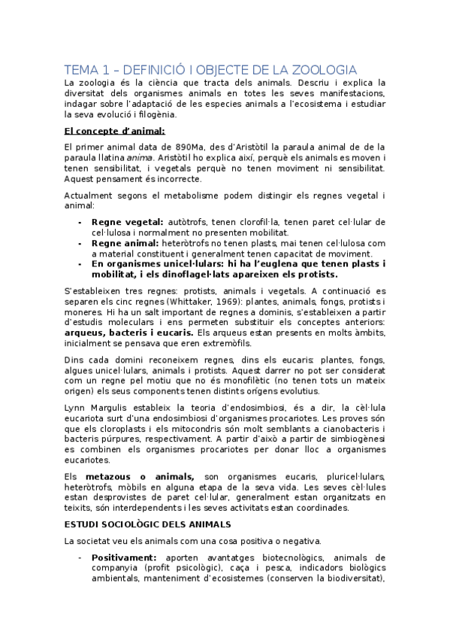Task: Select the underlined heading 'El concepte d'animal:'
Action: [114, 131]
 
